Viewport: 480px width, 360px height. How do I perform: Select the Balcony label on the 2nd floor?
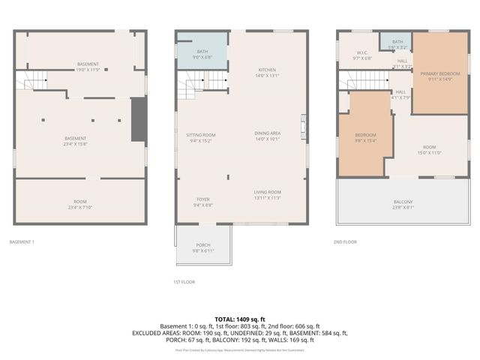coord(403,204)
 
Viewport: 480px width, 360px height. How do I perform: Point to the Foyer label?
coord(203,200)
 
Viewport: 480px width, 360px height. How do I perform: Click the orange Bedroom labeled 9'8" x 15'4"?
coord(365,137)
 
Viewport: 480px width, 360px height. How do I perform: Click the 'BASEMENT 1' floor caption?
coord(22,242)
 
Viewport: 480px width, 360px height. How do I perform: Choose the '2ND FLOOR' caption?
coord(345,242)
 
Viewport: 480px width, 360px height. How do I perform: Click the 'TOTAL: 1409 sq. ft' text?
coord(240,319)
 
